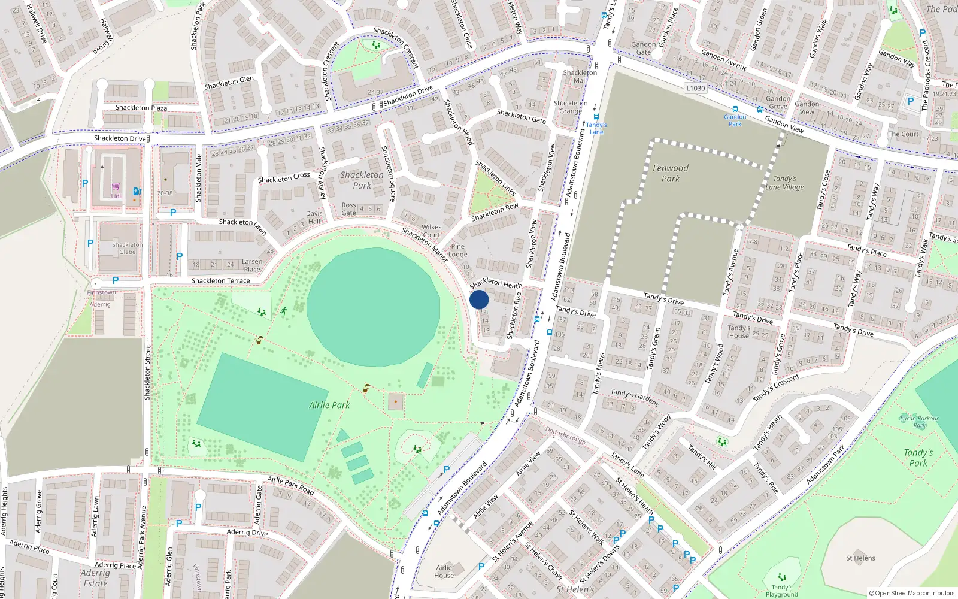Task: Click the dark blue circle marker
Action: tap(479, 299)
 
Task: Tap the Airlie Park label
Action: tap(329, 405)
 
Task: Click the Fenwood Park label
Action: tap(671, 173)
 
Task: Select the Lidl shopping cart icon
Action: tap(116, 187)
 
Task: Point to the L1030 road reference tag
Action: tap(695, 88)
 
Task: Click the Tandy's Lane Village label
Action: tap(784, 183)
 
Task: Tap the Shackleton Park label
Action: tap(362, 180)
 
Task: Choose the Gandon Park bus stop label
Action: tap(735, 120)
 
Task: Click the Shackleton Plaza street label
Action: tap(141, 108)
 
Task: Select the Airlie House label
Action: tap(444, 571)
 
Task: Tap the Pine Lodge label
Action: tap(457, 250)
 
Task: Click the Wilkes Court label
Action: tap(431, 231)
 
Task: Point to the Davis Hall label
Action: tap(314, 217)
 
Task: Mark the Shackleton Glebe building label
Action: tap(127, 248)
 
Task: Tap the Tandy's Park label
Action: tap(918, 458)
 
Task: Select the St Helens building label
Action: tap(860, 558)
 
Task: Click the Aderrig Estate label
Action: tap(95, 578)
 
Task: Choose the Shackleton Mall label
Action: tap(580, 77)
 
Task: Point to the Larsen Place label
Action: tap(252, 265)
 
